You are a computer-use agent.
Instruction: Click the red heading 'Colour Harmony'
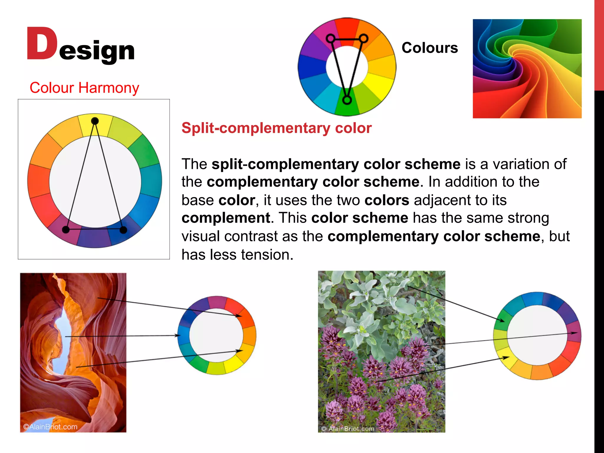point(84,88)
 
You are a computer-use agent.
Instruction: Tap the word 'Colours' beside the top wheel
point(429,48)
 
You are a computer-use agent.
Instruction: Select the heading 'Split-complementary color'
point(276,128)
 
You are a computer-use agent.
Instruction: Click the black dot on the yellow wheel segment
point(95,121)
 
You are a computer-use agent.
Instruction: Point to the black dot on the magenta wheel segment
point(66,230)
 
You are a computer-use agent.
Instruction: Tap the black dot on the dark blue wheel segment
point(123,230)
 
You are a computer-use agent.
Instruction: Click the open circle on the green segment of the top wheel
point(347,100)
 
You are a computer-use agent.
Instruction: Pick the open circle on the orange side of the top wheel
point(364,38)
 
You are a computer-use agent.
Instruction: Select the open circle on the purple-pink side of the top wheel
point(331,38)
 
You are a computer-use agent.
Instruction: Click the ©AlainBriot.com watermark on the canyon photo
point(50,426)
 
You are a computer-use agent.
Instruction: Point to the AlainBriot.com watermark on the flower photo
point(348,429)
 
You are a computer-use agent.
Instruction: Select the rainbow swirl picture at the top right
point(527,69)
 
